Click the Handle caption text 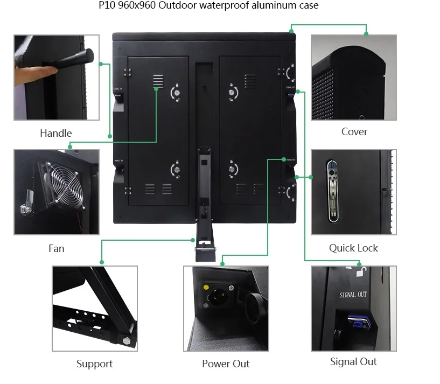55,133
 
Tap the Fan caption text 56,248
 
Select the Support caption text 94,364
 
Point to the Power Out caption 226,364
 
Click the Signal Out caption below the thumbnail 353,361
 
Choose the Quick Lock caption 353,248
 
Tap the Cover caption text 354,131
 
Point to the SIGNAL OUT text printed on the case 353,295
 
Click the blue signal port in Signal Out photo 357,322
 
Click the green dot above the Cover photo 366,34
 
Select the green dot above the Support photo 101,262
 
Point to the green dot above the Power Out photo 222,263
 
